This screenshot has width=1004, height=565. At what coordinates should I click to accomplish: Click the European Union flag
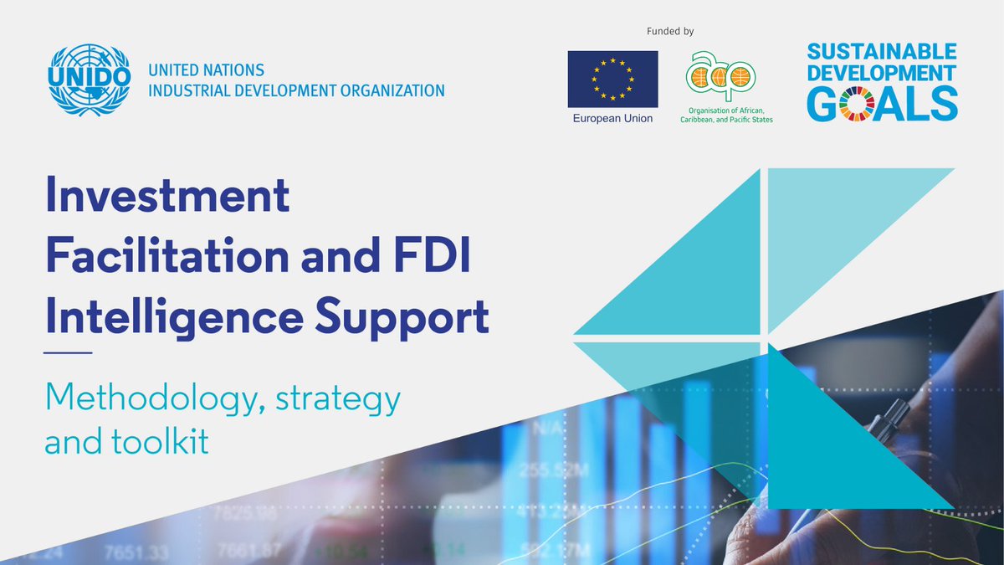(612, 78)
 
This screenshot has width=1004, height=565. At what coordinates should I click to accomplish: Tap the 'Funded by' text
(671, 32)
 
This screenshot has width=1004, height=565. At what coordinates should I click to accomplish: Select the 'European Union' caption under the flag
(612, 119)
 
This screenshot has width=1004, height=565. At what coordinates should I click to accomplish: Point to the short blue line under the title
(68, 352)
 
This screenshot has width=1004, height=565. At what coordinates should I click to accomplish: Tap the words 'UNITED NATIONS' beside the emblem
(206, 70)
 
